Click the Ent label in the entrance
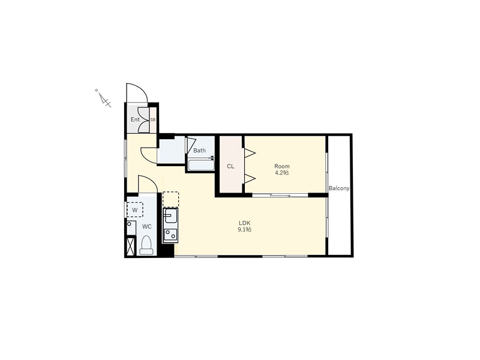(x=135, y=119)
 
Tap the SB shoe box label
(x=153, y=119)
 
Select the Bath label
(x=199, y=151)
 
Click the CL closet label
(x=230, y=166)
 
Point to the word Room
(x=281, y=166)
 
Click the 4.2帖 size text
(x=281, y=173)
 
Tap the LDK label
(x=245, y=223)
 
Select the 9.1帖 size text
(x=245, y=229)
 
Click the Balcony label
(x=339, y=188)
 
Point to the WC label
(x=147, y=227)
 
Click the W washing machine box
(x=134, y=209)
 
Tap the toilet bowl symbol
(x=146, y=245)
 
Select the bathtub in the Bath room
(x=201, y=164)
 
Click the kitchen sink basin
(x=170, y=216)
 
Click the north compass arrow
(x=103, y=99)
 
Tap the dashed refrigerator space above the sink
(x=170, y=199)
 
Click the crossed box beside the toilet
(x=131, y=247)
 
